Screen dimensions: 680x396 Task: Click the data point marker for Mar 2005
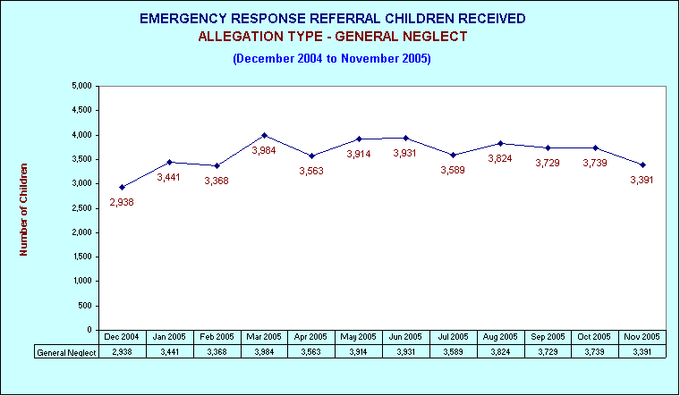click(264, 136)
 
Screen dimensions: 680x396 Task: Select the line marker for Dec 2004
click(123, 187)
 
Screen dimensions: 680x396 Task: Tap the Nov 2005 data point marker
click(642, 164)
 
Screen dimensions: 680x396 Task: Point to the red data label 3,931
click(404, 153)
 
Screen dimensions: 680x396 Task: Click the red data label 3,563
click(311, 171)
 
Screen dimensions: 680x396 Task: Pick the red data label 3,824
click(500, 158)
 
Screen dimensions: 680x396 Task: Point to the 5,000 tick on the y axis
click(81, 86)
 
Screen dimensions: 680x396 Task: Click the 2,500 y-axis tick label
click(81, 208)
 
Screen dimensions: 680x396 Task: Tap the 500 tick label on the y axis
click(86, 306)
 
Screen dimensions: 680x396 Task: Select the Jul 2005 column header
click(454, 337)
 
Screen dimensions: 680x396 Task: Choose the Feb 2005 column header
click(217, 337)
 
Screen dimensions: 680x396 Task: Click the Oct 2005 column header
click(594, 337)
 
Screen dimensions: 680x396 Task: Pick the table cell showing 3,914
click(359, 352)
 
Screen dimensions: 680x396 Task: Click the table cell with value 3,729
click(548, 352)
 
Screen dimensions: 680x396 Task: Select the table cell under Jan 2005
click(170, 352)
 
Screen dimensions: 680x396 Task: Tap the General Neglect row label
click(66, 352)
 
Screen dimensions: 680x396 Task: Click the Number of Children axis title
click(23, 210)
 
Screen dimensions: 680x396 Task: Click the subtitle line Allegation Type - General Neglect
click(333, 37)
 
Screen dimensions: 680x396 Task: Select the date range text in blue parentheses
click(332, 58)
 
